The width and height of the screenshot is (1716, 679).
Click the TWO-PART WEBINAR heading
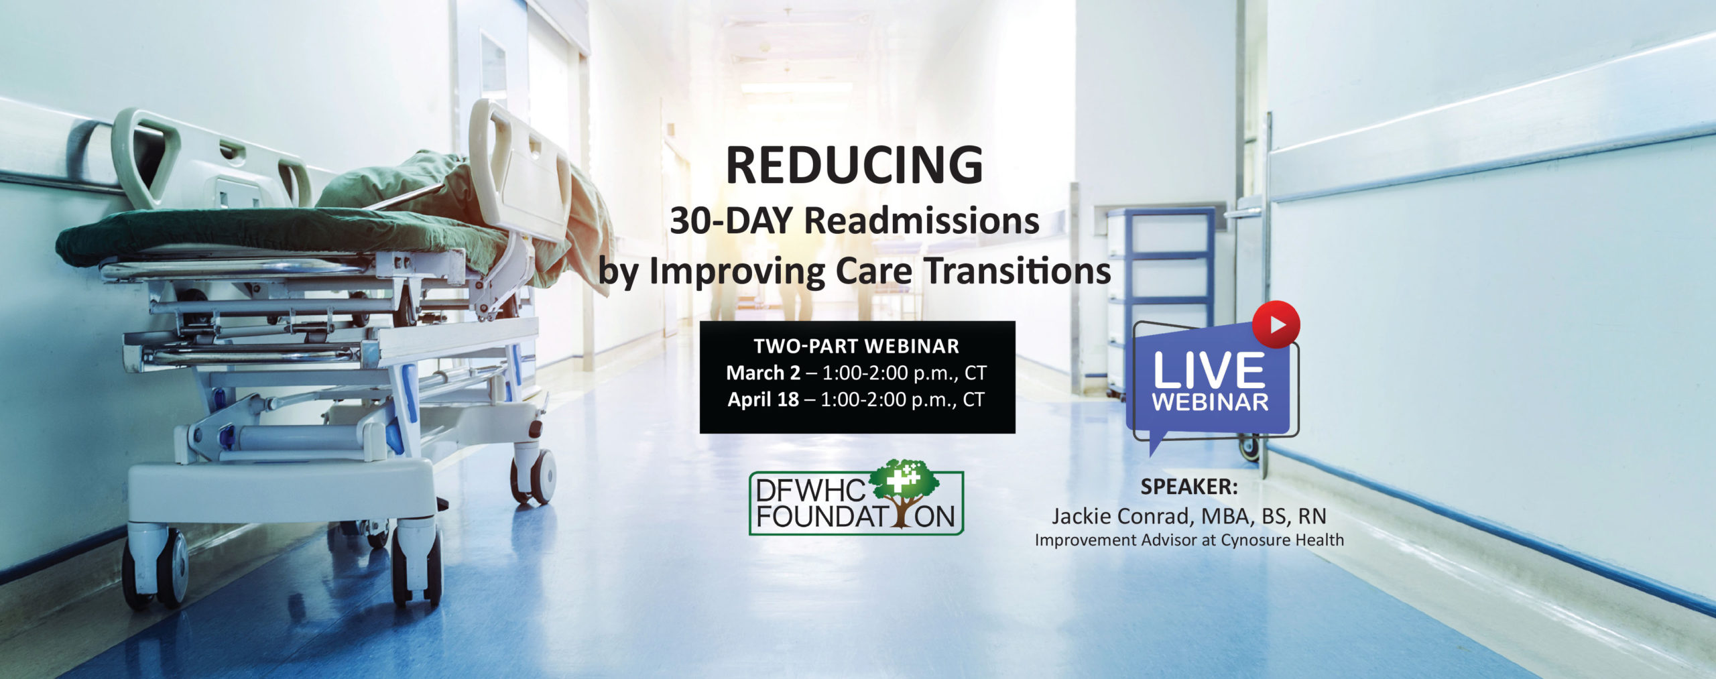pos(856,346)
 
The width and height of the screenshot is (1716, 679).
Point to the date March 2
pos(763,373)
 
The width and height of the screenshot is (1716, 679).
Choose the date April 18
pos(763,399)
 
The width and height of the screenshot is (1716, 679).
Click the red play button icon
pos(1276,324)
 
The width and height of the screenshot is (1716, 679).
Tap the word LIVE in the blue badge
pos(1209,371)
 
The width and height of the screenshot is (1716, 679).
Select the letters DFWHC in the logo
pos(812,491)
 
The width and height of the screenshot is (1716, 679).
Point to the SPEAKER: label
pos(1189,487)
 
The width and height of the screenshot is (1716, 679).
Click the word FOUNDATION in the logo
pos(855,517)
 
